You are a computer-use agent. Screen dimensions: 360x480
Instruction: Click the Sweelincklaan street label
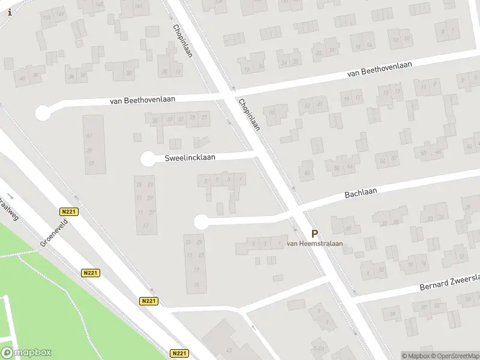[190, 158]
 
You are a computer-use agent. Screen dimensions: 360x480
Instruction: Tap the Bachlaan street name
[361, 194]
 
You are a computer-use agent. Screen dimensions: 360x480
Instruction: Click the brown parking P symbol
[314, 234]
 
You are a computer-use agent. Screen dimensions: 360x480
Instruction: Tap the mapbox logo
[26, 353]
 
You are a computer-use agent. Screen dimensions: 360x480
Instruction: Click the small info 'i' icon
[9, 11]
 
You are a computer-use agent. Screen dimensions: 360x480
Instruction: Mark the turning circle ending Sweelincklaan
[148, 159]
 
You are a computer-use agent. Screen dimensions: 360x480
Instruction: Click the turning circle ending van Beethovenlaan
[43, 112]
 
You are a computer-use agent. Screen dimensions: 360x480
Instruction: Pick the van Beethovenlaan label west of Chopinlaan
[143, 100]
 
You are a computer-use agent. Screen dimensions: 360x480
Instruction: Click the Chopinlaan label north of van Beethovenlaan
[181, 39]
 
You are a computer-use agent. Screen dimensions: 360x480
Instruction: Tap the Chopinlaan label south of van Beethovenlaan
[250, 115]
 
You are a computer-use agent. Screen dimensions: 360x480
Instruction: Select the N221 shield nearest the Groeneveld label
[69, 212]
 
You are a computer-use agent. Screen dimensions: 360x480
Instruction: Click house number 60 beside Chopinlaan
[307, 174]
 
